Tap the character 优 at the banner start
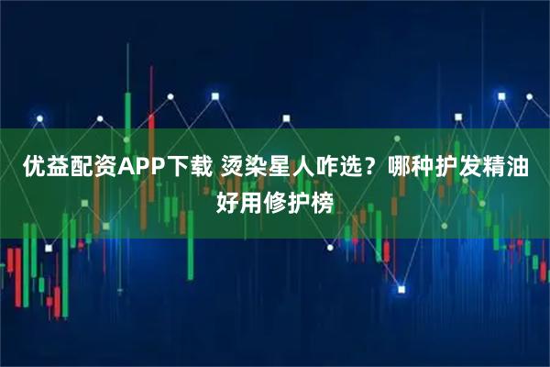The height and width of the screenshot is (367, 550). (33, 168)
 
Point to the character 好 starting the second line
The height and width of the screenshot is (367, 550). (226, 198)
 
